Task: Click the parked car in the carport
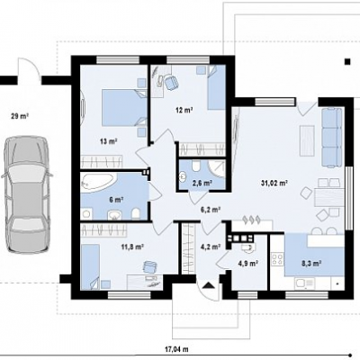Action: pyautogui.click(x=26, y=195)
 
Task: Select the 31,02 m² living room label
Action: pyautogui.click(x=274, y=183)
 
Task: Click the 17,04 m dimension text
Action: pyautogui.click(x=176, y=349)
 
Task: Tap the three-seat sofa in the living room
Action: pyautogui.click(x=332, y=137)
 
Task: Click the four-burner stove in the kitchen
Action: pyautogui.click(x=277, y=259)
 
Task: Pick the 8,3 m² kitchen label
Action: pyautogui.click(x=311, y=263)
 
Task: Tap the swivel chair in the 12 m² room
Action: pyautogui.click(x=171, y=83)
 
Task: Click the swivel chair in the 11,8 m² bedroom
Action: pyautogui.click(x=149, y=266)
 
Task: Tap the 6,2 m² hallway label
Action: pyautogui.click(x=211, y=210)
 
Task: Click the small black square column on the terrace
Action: pyautogui.click(x=347, y=61)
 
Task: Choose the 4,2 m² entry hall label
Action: pyautogui.click(x=211, y=247)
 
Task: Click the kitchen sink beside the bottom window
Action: pyautogui.click(x=304, y=283)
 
